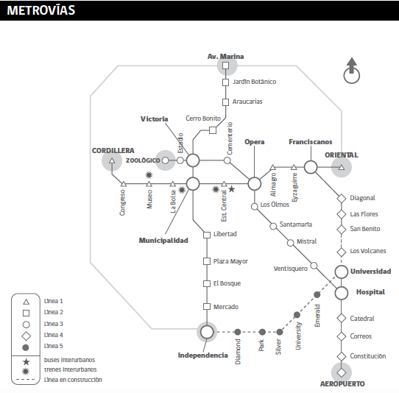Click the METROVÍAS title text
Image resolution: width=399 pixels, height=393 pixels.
pyautogui.click(x=41, y=10)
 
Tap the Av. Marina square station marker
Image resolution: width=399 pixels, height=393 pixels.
pyautogui.click(x=225, y=65)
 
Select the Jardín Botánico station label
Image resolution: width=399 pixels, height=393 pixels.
pyautogui.click(x=254, y=82)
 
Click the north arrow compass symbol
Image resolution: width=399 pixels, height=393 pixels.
pyautogui.click(x=352, y=71)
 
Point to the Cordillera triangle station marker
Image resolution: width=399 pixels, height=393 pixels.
pyautogui.click(x=112, y=160)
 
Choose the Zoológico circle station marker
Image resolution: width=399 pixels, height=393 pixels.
pyautogui.click(x=165, y=160)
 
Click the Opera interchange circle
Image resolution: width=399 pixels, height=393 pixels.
pyautogui.click(x=255, y=184)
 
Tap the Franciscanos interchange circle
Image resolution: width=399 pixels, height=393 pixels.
pyautogui.click(x=311, y=167)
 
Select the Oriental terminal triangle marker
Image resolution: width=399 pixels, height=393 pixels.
pyautogui.click(x=342, y=167)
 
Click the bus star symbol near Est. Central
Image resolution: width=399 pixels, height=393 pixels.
pyautogui.click(x=232, y=189)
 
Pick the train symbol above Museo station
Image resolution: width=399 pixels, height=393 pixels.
pyautogui.click(x=149, y=175)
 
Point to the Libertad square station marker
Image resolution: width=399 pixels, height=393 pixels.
pyautogui.click(x=207, y=235)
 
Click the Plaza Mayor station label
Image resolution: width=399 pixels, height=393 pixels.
pyautogui.click(x=230, y=261)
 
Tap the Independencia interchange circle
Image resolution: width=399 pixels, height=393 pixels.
pyautogui.click(x=207, y=332)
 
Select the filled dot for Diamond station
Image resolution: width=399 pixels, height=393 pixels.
pyautogui.click(x=238, y=332)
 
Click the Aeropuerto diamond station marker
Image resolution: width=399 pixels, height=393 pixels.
pyautogui.click(x=342, y=372)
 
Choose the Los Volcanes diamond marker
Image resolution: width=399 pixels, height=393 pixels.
pyautogui.click(x=342, y=252)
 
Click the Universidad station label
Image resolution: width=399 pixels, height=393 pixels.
pyautogui.click(x=371, y=272)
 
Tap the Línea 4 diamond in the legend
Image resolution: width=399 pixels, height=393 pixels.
pyautogui.click(x=26, y=336)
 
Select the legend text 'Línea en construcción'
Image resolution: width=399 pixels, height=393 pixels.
pyautogui.click(x=73, y=380)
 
